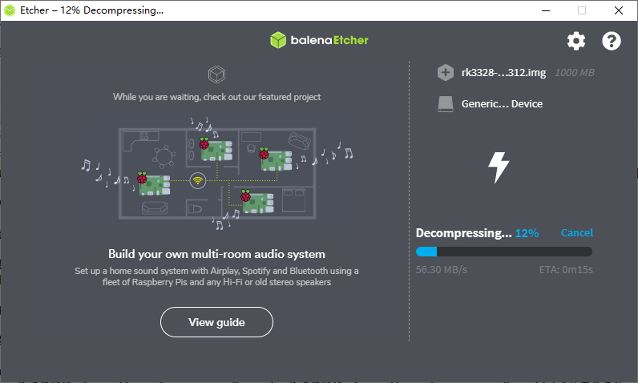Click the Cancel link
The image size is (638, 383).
576,232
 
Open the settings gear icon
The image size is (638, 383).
576,41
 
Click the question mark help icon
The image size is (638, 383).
611,41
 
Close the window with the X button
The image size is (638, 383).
619,10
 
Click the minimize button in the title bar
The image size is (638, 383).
546,10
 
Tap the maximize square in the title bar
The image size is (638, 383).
582,10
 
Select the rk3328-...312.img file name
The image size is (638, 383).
503,72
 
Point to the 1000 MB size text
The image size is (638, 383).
575,73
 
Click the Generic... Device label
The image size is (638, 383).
502,103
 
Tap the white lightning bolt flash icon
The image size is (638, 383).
498,167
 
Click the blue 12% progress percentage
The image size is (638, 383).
527,233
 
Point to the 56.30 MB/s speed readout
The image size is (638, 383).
442,269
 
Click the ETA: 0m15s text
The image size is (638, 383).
566,269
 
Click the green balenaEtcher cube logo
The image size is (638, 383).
278,40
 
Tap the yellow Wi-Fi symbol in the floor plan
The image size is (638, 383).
198,180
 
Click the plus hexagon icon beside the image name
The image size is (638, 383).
446,72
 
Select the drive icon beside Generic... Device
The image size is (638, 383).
446,103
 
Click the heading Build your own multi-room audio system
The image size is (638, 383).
216,254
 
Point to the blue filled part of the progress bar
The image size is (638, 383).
426,252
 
